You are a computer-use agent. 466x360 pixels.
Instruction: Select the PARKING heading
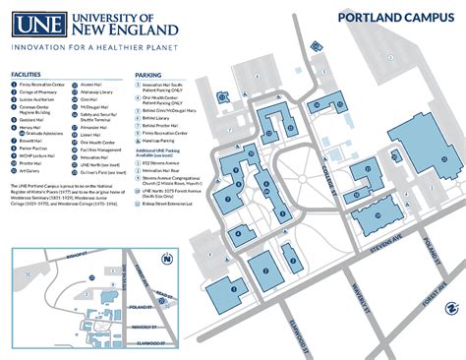(148, 75)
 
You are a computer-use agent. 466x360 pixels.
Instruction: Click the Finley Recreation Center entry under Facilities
(44, 85)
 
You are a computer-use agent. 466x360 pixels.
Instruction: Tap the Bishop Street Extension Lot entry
(173, 203)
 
